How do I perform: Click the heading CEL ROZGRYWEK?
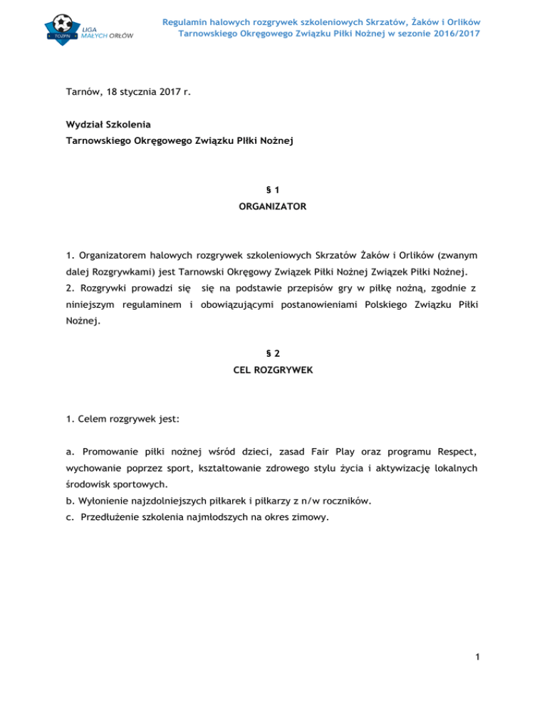click(273, 369)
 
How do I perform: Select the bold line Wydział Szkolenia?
click(108, 124)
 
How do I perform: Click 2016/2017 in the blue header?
click(453, 33)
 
